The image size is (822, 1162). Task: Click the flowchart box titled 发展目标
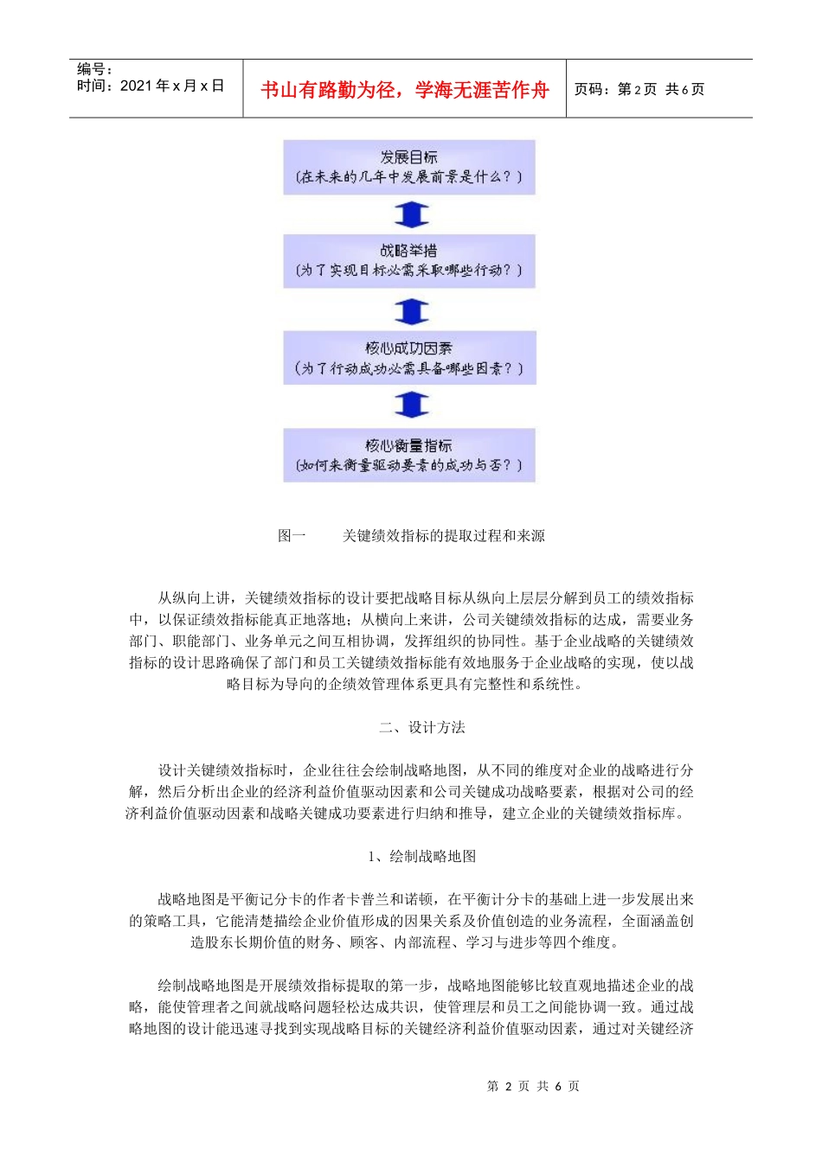[x=408, y=167]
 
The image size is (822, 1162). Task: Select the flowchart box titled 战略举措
[x=408, y=260]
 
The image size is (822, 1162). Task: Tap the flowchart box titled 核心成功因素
[x=408, y=358]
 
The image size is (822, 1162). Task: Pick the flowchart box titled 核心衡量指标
[x=408, y=455]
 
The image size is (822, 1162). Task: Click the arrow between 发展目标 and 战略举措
[x=411, y=214]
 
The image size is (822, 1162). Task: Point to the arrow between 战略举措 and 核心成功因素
[x=411, y=310]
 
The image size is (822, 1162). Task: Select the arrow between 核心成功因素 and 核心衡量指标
[x=411, y=404]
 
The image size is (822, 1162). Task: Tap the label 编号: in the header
[x=94, y=69]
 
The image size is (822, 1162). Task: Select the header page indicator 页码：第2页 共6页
[x=639, y=89]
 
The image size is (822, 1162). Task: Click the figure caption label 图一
[x=292, y=536]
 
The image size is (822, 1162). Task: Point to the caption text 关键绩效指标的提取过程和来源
[x=444, y=536]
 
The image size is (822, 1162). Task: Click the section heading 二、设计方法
[x=421, y=727]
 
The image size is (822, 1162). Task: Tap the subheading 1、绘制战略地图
[x=421, y=856]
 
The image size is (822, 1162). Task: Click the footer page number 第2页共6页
[x=533, y=1086]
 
